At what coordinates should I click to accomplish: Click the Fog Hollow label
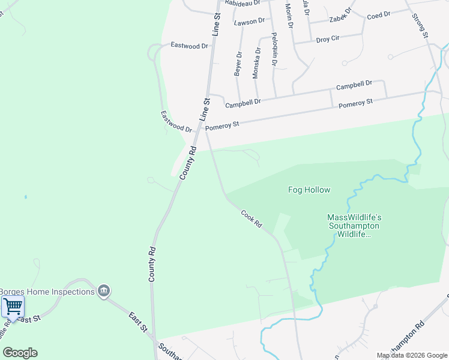tap(309, 190)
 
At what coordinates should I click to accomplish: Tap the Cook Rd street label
tap(252, 218)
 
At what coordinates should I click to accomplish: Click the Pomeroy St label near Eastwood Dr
tap(222, 126)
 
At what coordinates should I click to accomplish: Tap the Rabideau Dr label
tap(243, 2)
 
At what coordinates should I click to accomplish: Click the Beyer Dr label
tap(238, 64)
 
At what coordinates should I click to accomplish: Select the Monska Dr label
tap(256, 64)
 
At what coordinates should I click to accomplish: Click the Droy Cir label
tap(328, 38)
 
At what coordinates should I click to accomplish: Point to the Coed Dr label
tap(378, 14)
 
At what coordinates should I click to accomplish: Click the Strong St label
tap(420, 26)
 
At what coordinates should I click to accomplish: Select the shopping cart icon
tap(13, 307)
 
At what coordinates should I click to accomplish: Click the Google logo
tap(20, 353)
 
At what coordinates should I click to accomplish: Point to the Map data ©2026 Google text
tap(412, 355)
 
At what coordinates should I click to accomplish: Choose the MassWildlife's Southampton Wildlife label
tap(355, 226)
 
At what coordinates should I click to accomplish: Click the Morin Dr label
tap(289, 16)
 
